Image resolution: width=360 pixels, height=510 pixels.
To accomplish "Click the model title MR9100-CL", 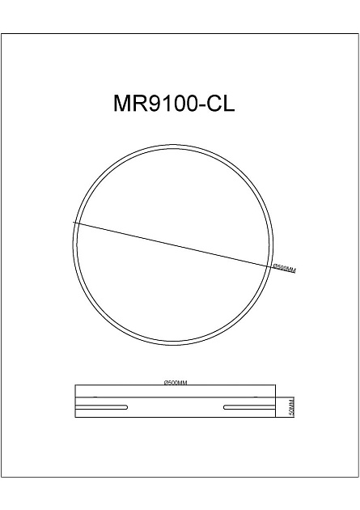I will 174,105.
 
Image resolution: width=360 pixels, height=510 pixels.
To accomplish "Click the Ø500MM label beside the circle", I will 284,268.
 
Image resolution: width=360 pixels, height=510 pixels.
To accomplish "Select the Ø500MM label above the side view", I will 175,381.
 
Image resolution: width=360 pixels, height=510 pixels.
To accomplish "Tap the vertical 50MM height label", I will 292,406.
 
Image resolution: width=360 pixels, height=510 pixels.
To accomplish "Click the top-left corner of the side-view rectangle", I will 74,385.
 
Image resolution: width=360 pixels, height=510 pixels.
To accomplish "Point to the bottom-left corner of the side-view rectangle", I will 74,417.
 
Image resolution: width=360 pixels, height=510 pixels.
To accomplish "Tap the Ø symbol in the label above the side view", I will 165,381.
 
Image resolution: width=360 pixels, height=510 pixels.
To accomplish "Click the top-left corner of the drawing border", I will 1,33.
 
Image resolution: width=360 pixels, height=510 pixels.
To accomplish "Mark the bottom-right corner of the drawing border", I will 358,476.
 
